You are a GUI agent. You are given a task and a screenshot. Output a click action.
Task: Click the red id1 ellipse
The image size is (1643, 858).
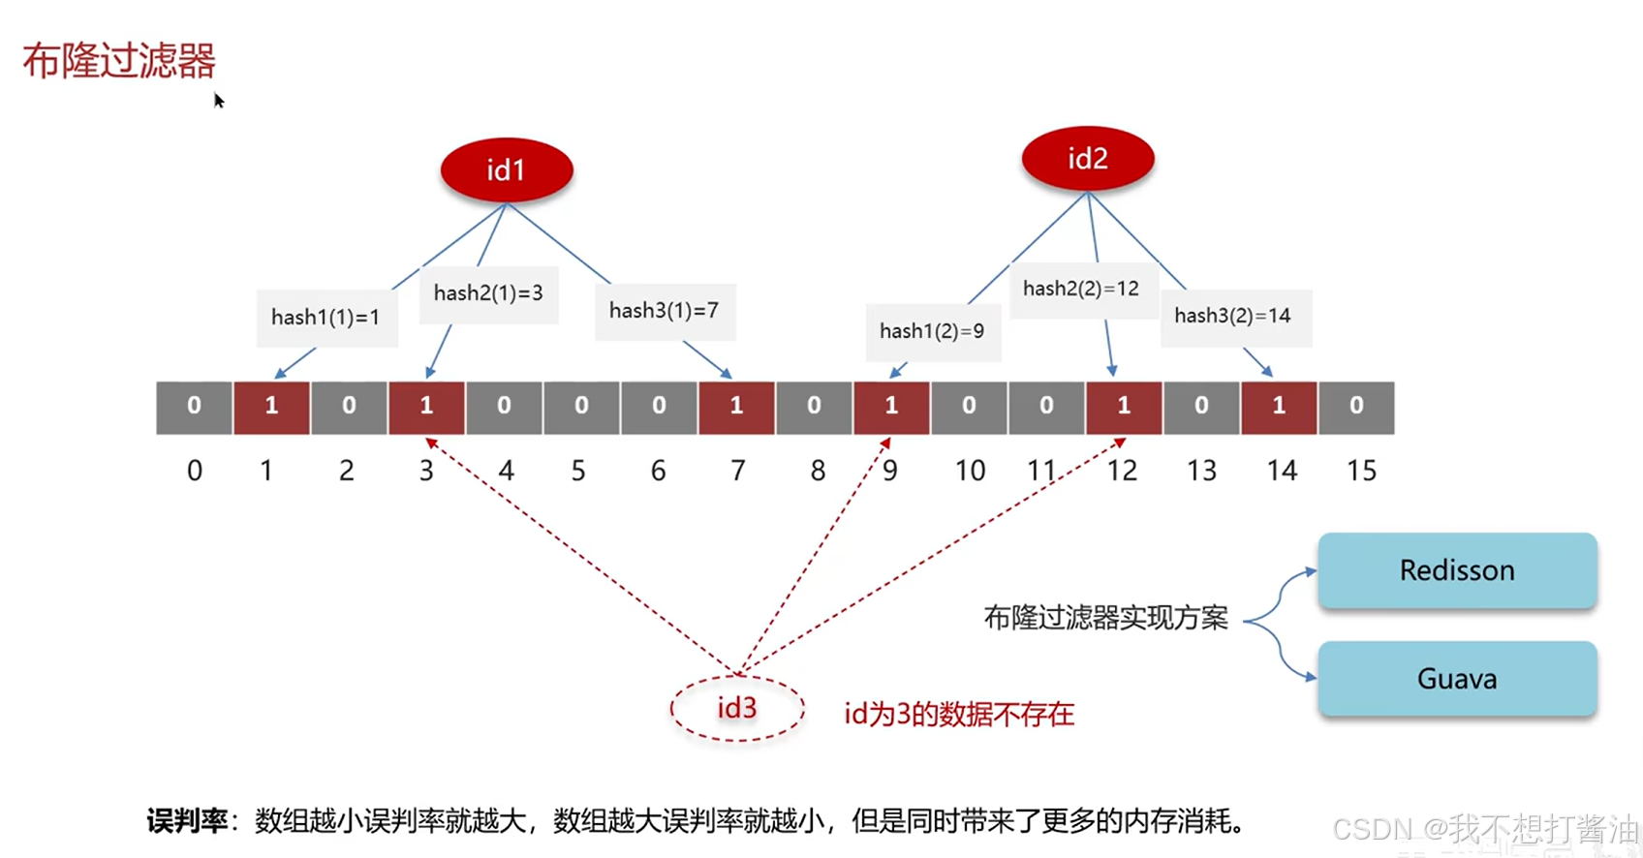pos(507,170)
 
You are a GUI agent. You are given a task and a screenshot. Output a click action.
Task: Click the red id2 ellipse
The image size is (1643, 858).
pos(1088,159)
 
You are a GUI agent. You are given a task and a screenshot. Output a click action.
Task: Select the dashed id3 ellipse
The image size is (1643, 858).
pos(736,709)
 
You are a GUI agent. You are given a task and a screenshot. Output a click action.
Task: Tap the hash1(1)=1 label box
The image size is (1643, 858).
pos(326,318)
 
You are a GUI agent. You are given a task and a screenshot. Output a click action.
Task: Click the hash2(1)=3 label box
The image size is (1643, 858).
pos(488,293)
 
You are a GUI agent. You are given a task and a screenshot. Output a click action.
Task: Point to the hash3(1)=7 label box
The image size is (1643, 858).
pos(665,311)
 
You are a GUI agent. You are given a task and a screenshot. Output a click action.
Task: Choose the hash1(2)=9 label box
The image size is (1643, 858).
pos(932,331)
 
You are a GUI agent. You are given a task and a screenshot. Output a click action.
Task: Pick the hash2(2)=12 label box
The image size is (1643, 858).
pos(1082,289)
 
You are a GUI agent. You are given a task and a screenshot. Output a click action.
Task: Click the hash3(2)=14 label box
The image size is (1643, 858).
pos(1233,316)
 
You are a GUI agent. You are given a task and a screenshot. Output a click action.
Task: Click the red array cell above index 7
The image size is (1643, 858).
pos(736,407)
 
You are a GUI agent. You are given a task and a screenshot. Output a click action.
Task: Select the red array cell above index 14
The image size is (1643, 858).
pos(1279,407)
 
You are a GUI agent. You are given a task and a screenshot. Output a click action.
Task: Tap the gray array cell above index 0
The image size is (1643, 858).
pos(194,407)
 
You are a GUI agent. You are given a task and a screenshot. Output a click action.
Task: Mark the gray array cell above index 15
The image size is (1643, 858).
pos(1356,407)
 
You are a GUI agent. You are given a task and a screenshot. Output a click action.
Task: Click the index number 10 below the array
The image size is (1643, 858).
pos(970,472)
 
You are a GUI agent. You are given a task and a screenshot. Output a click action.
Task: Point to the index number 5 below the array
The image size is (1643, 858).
pos(578,472)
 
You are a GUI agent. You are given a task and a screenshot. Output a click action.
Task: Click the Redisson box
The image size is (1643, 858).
pos(1457,570)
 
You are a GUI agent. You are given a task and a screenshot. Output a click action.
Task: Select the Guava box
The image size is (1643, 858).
pos(1457,679)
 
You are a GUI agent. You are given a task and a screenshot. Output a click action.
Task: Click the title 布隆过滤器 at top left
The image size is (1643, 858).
pos(119,61)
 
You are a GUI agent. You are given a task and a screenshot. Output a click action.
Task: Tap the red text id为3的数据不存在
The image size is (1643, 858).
pos(959,715)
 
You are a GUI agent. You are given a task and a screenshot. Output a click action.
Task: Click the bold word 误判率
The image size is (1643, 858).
pos(187,822)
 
